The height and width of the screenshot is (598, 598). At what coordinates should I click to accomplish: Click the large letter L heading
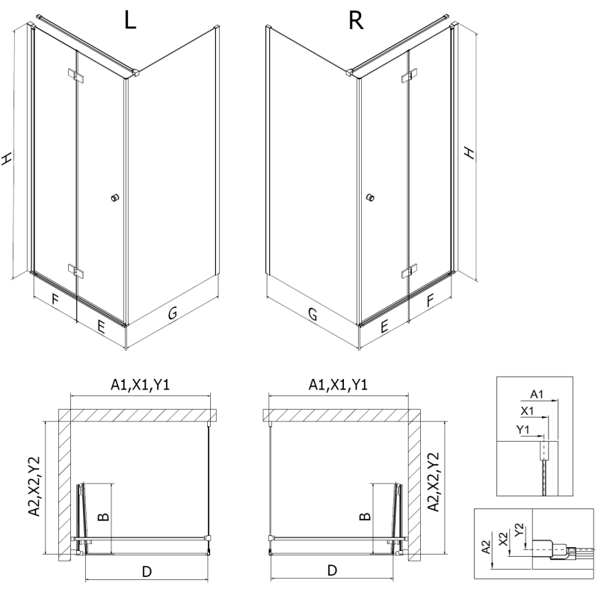[x=130, y=21]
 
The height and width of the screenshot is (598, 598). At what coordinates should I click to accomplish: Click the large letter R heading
[x=357, y=21]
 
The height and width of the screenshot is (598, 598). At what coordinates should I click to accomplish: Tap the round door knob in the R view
[x=370, y=198]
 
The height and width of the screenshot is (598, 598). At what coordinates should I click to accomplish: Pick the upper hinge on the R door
[x=408, y=77]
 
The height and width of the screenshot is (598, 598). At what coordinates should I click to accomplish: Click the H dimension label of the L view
[x=7, y=158]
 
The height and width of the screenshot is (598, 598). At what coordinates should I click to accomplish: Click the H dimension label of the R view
[x=469, y=152]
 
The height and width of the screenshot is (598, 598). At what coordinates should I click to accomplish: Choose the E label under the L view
[x=101, y=325]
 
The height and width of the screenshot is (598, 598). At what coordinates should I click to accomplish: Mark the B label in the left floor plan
[x=105, y=516]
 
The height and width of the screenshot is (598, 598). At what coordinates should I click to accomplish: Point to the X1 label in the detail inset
[x=526, y=411]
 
